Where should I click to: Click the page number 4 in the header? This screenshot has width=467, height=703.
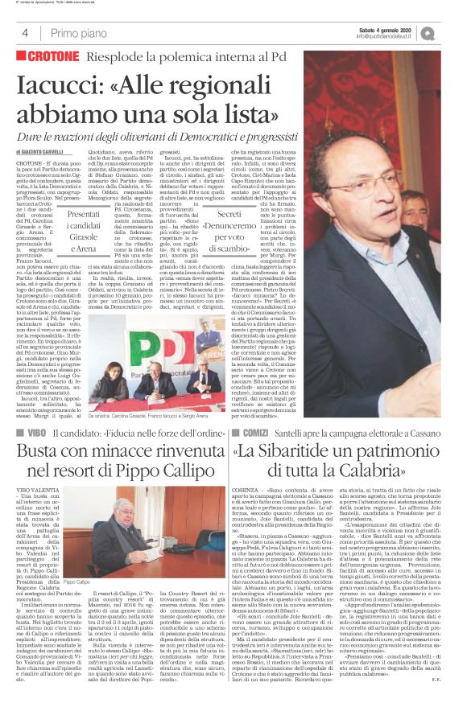point(25,33)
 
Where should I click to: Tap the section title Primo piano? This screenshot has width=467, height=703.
point(76,33)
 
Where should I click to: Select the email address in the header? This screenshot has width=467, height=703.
point(390,36)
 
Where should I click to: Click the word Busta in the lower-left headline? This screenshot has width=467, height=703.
point(43,454)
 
